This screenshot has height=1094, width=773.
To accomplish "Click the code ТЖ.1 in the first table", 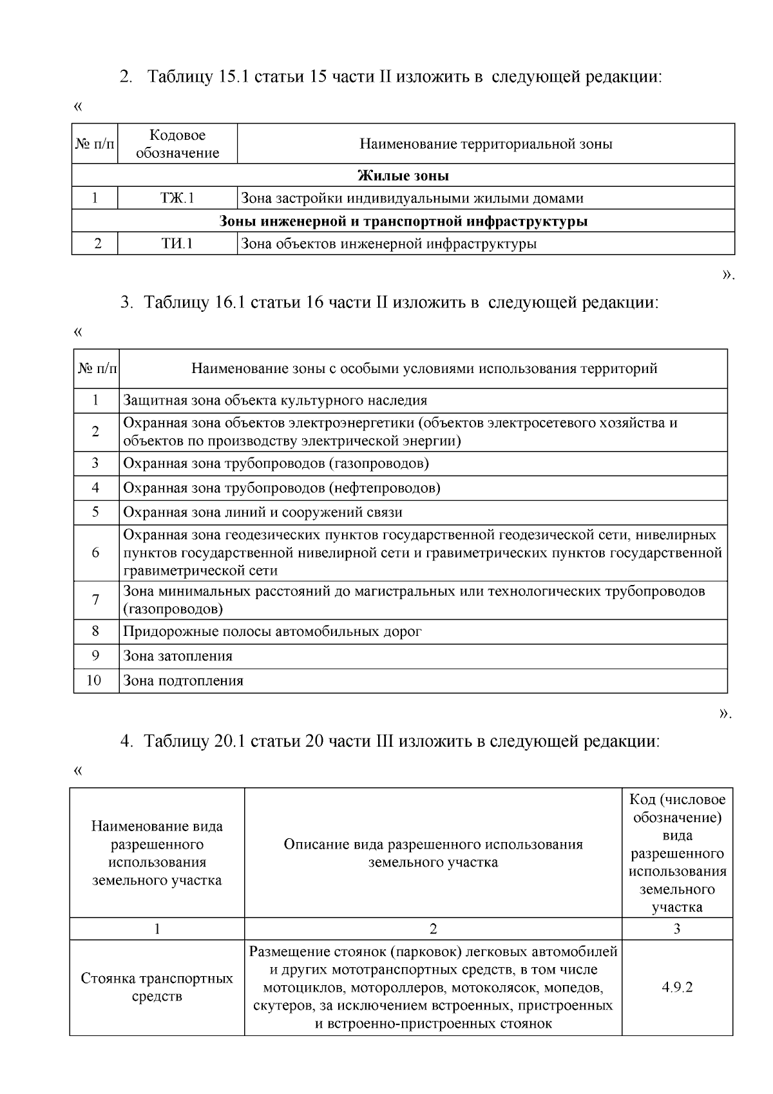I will point(177,198).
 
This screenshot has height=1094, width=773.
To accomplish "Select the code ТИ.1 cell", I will point(177,244).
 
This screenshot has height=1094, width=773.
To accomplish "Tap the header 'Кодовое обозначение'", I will point(177,144).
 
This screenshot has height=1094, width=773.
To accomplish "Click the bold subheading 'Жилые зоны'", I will point(403,175).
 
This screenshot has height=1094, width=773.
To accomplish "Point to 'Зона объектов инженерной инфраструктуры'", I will point(388,244).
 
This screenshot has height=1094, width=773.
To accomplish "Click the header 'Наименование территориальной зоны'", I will point(486,144).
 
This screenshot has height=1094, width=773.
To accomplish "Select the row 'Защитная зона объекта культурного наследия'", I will point(275,400).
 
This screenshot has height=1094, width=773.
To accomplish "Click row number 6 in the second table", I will point(95,553).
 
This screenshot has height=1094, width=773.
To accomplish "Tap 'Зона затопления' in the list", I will point(178,656).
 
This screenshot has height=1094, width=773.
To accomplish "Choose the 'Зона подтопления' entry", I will point(183,680).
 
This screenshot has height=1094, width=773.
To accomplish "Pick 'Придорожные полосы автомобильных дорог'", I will point(272,631).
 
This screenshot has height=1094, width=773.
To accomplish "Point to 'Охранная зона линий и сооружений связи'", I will point(263,512).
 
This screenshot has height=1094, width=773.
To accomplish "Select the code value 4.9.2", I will point(677,988).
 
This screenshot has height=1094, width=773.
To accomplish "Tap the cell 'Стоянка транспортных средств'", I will point(157,988).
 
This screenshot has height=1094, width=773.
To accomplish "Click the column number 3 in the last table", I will point(677,928).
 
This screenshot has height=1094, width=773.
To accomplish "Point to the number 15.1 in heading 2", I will point(234,77).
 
